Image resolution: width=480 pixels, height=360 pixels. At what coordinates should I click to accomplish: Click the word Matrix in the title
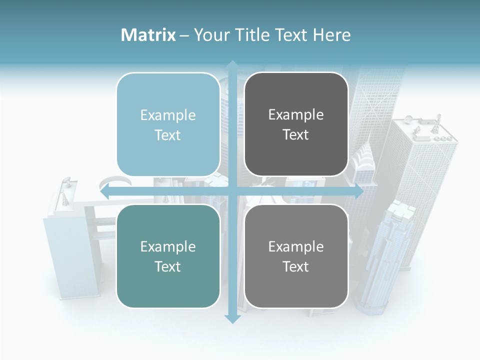coord(148,35)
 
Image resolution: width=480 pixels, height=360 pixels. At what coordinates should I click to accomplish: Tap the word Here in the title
coord(331,35)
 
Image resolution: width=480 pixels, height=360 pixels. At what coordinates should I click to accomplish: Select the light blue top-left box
coord(168,124)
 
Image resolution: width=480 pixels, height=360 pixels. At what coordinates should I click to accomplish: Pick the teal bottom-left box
coord(168,256)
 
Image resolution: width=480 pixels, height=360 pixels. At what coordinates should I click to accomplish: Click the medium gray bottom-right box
coord(296,256)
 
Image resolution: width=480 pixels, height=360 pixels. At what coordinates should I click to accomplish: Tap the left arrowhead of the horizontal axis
coord(105,192)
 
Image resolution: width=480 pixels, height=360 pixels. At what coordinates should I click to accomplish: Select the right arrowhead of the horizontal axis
coord(358,192)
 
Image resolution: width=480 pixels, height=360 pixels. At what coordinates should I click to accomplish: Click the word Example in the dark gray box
coord(296,115)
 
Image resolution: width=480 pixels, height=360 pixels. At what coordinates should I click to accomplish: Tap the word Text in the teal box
coord(168,266)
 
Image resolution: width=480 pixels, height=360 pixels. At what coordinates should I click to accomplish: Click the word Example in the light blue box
coord(168,115)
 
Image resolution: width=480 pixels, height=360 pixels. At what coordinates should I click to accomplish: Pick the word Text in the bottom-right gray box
coord(296,266)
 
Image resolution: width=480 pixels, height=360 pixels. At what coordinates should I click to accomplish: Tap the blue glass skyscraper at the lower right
coord(387,255)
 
